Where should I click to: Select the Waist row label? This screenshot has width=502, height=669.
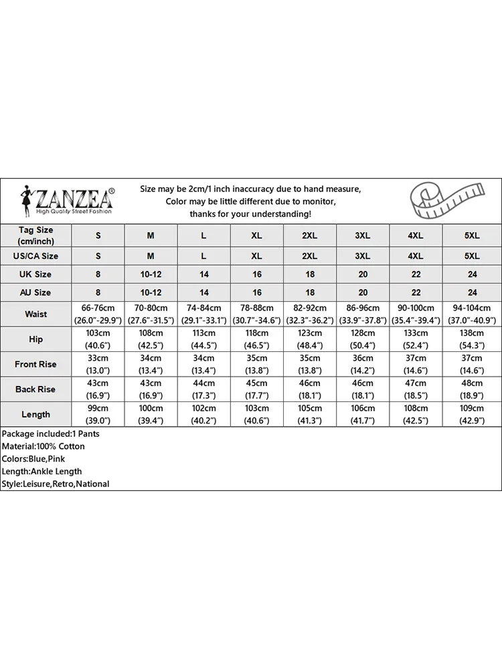[36, 314]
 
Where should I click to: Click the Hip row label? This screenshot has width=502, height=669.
[36, 339]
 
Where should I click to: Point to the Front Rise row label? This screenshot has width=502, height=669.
[36, 365]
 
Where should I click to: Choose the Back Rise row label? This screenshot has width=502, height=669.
[36, 389]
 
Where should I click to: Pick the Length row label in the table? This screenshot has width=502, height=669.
[36, 414]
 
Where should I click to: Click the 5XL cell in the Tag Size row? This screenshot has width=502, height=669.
[472, 235]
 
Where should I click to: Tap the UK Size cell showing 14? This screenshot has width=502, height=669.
[204, 274]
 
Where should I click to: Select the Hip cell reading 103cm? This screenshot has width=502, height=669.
[98, 339]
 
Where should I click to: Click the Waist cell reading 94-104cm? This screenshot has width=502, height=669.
[472, 314]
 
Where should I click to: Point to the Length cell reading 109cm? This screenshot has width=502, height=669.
[472, 414]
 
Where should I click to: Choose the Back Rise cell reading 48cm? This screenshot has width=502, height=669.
[472, 389]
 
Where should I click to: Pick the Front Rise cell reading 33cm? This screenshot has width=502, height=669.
[98, 365]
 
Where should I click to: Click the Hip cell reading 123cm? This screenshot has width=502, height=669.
[310, 339]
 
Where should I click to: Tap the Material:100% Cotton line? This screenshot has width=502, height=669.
[44, 446]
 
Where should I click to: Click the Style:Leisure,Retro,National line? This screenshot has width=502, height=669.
[56, 484]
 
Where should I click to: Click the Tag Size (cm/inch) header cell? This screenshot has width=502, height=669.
[36, 235]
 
